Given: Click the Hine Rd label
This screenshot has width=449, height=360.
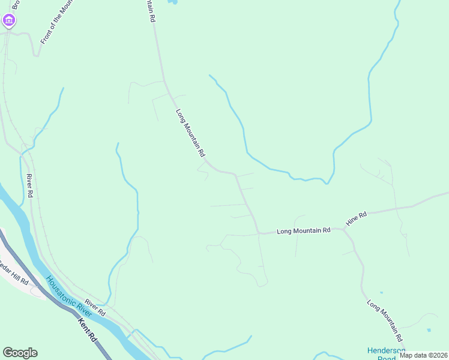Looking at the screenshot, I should coord(356,219).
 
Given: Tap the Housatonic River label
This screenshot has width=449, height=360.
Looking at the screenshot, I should coord(69,297).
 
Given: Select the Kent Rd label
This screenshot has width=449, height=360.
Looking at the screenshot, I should coord(88,329).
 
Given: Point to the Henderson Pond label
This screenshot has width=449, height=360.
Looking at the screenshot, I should coord(386,354).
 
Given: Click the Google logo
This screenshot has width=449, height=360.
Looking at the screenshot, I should coord(20,353).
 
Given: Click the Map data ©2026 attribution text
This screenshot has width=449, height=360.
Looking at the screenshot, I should coord(423,355).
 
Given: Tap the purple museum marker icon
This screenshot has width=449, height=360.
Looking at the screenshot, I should coord(8,22).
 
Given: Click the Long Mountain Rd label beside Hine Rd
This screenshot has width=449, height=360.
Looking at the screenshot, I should coord(303,230).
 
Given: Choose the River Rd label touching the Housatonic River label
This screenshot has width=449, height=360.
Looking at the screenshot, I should coord(95,308).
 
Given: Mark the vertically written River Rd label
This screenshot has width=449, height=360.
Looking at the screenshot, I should coord(29,186).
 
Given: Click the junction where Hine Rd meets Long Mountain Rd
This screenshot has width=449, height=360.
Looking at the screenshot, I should coord(343,229).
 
